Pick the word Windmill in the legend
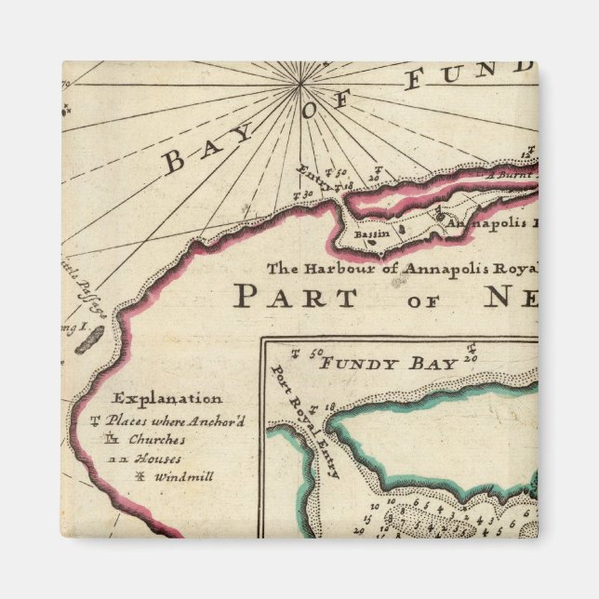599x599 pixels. click(x=184, y=477)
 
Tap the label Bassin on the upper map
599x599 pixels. click(x=375, y=236)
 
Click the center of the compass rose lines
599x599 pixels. click(x=300, y=85)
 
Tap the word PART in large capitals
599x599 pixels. click(x=295, y=298)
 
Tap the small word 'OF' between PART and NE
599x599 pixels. click(x=423, y=301)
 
